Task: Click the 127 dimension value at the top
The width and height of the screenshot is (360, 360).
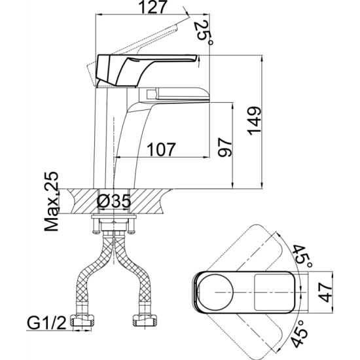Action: click(x=153, y=8)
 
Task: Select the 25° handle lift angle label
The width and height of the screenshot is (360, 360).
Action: click(x=204, y=33)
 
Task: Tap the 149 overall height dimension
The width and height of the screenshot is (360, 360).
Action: click(x=254, y=121)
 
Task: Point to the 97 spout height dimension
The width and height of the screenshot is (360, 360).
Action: click(x=225, y=147)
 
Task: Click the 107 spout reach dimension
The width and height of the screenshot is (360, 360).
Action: click(x=162, y=149)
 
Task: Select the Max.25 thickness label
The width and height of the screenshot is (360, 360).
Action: click(x=52, y=201)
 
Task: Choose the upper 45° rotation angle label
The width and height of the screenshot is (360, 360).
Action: click(x=303, y=257)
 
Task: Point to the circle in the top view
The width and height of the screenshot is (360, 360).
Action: click(x=215, y=292)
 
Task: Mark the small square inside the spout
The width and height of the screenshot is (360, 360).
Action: click(x=151, y=94)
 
